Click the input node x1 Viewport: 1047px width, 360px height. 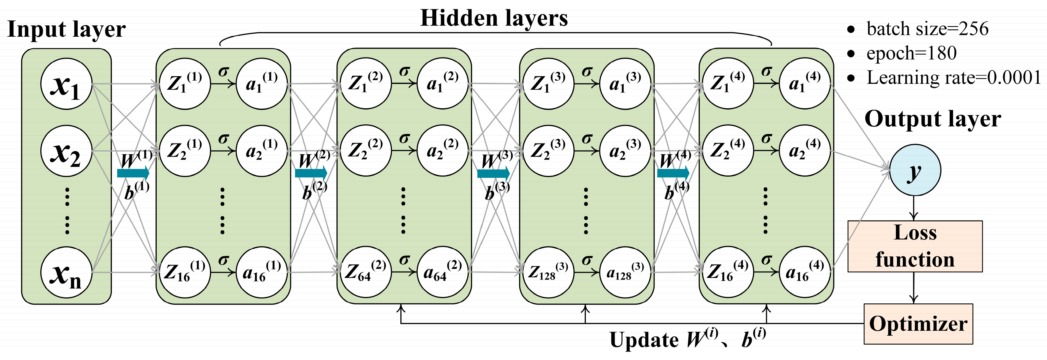[x=66, y=84]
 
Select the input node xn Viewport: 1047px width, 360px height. [x=66, y=273]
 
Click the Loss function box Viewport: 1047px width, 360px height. [x=914, y=246]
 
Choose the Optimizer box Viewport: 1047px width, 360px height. [x=918, y=324]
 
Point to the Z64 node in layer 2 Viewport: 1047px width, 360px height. [x=365, y=272]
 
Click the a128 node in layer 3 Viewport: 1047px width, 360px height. [x=625, y=272]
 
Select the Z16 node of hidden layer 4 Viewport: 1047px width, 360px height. [x=727, y=272]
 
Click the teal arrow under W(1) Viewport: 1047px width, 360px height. [x=133, y=173]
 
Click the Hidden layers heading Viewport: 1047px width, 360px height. [x=494, y=18]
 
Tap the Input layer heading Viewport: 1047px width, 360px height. [x=66, y=29]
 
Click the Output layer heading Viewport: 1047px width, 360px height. [x=933, y=119]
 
